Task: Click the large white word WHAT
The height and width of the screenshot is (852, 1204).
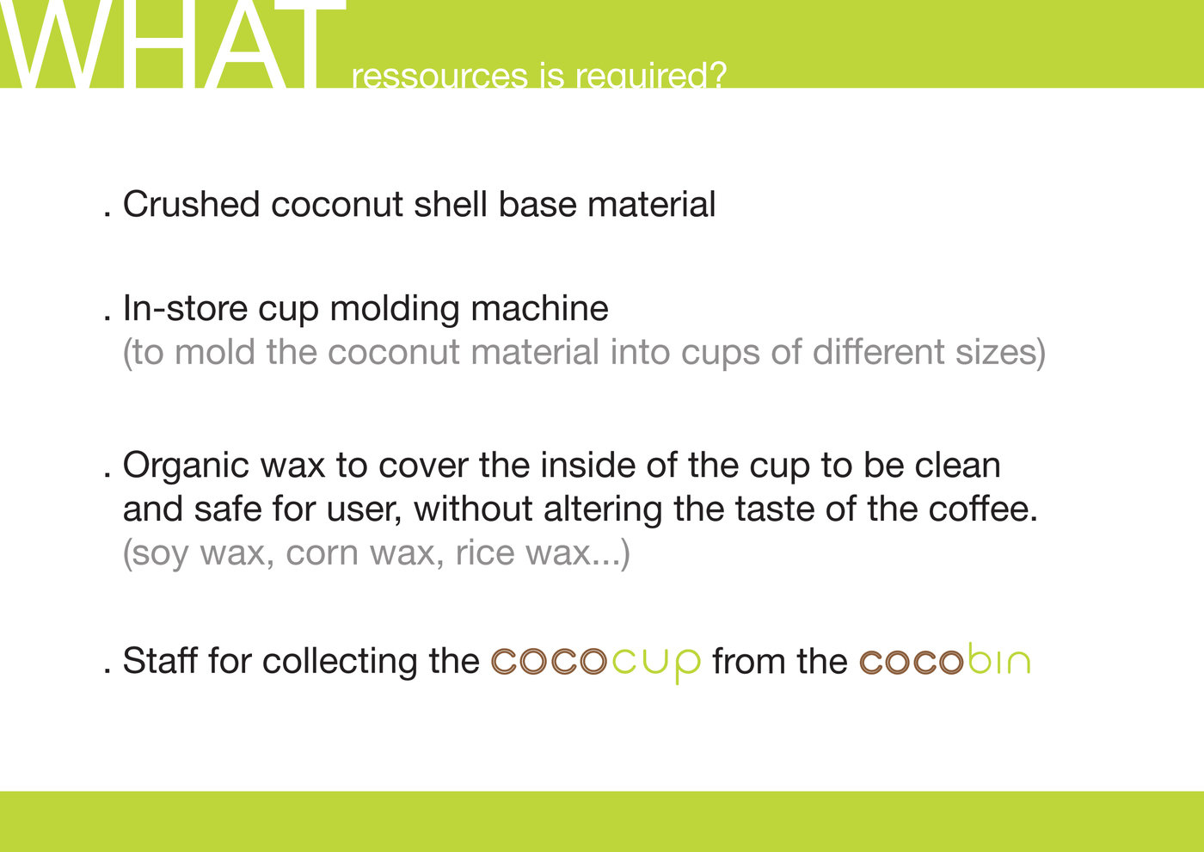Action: point(173,44)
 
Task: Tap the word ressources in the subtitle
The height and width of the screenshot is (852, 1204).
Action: point(439,76)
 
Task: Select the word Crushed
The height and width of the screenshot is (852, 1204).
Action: point(191,204)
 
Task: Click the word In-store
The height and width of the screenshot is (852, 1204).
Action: point(186,308)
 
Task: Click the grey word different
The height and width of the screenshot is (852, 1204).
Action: point(878,352)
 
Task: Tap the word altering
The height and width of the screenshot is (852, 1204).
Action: point(603,509)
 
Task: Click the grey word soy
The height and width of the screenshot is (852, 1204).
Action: point(160,554)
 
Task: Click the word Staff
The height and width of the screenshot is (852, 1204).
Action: point(160,660)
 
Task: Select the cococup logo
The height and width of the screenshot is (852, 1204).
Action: point(596,663)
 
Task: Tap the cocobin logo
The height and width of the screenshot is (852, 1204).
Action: point(945,659)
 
